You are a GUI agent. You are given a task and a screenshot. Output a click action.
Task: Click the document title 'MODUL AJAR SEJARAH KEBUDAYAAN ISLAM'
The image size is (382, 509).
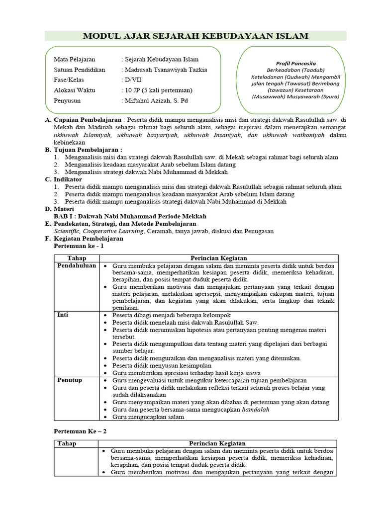195,36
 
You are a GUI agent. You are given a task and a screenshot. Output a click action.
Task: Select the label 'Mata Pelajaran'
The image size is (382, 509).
75,59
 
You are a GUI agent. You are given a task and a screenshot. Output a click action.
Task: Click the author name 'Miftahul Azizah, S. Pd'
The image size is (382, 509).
157,100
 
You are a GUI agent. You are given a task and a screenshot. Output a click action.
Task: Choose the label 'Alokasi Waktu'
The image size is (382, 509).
75,90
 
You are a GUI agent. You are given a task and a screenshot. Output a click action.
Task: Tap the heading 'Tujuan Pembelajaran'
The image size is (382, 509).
87,150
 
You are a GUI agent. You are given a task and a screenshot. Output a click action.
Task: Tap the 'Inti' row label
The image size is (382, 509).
63,315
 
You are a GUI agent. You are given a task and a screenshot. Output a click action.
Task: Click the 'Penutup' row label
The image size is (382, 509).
70,380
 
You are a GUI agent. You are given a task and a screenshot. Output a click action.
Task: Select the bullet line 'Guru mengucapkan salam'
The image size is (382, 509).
148,418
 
